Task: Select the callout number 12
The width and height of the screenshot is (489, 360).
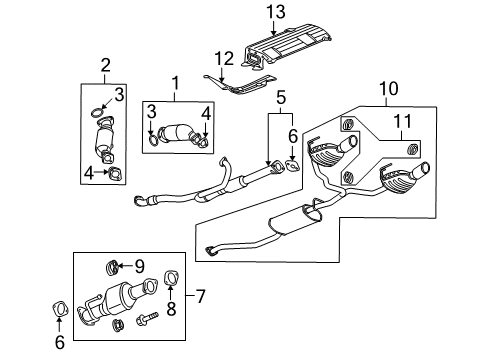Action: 226,57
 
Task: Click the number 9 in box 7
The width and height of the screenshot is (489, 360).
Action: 139,266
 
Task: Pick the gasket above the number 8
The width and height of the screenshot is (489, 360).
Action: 170,278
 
